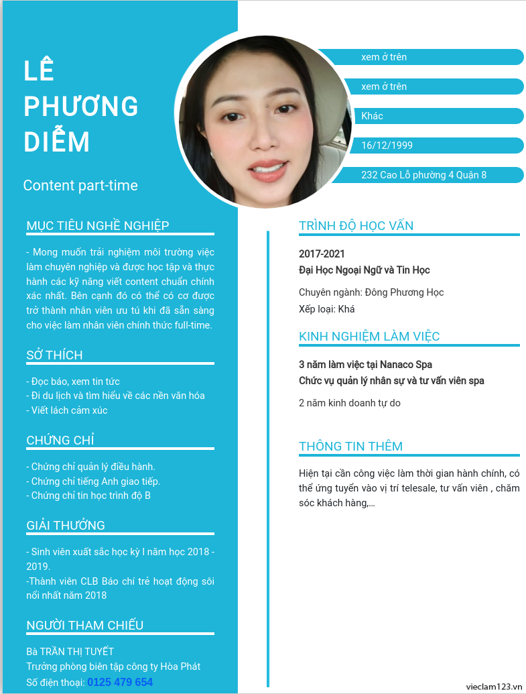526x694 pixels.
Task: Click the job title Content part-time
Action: tap(80, 186)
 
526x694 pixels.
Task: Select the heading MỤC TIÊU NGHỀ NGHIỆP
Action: tap(98, 226)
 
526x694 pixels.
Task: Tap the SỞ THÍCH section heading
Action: tap(55, 355)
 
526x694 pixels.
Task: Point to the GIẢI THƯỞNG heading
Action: tap(66, 526)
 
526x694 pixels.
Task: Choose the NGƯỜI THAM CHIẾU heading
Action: tap(85, 626)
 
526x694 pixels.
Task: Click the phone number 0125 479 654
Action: tap(120, 682)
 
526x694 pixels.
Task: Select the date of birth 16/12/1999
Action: tap(387, 146)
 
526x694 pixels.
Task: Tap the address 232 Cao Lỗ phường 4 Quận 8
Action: tap(423, 175)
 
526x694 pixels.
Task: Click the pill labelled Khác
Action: tap(372, 116)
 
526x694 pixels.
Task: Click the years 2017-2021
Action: tap(322, 254)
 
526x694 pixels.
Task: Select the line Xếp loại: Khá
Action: tap(327, 309)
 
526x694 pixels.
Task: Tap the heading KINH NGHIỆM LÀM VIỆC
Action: tap(369, 337)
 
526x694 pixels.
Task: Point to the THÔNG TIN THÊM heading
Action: tap(350, 447)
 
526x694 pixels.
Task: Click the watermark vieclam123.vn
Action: tap(495, 686)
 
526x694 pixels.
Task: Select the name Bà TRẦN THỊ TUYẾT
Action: tap(70, 652)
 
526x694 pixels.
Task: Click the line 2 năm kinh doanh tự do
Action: tap(350, 403)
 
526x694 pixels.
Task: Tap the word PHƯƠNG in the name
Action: tap(81, 107)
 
